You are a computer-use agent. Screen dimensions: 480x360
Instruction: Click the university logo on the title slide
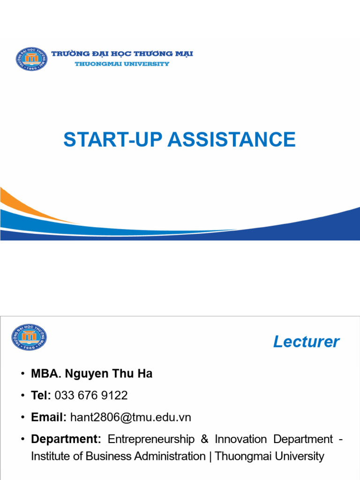[31, 59]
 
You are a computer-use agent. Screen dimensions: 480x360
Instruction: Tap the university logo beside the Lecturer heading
[29, 337]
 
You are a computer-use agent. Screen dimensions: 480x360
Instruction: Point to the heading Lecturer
[306, 342]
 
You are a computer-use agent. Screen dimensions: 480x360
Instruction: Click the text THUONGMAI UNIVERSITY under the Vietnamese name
[122, 64]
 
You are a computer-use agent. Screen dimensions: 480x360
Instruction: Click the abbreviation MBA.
[44, 374]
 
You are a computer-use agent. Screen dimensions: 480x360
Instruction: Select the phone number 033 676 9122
[91, 396]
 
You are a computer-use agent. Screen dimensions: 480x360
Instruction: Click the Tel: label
[41, 396]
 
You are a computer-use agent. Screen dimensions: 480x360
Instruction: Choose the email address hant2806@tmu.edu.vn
[130, 417]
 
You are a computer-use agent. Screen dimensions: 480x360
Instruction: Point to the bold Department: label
[66, 439]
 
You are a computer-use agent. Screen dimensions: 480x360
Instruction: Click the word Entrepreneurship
[150, 439]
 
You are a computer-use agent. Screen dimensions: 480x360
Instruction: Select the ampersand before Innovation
[204, 439]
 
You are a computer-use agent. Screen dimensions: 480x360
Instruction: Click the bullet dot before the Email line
[22, 418]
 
